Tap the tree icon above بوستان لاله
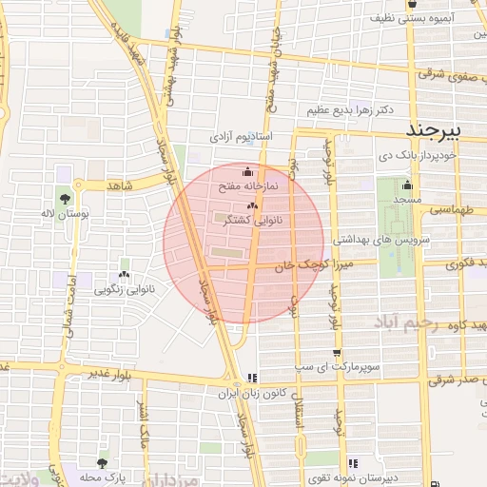[x=64, y=199]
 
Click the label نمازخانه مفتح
[x=248, y=186]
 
